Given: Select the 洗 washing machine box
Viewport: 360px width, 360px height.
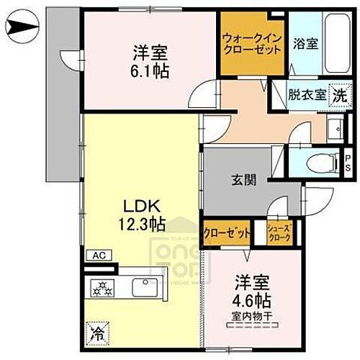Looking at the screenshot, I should click(337, 94).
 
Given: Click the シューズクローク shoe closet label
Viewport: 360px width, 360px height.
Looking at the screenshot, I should click(279, 233).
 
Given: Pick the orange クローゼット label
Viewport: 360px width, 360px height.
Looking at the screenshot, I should click(227, 233).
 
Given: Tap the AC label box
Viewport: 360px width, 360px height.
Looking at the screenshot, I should click(97, 255).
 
